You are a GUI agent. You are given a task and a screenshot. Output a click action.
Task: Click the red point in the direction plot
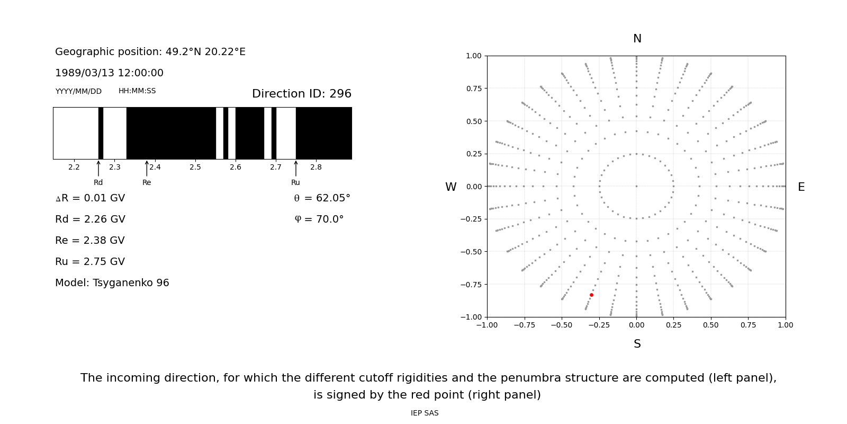point(591,295)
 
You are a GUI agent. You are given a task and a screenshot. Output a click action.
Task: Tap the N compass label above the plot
point(637,39)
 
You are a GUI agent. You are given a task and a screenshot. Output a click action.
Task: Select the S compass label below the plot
point(637,344)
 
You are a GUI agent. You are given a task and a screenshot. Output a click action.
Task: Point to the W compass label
point(450,187)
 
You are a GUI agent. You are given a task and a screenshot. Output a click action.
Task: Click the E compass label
point(801,187)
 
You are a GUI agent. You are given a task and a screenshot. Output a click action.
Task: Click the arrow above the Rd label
point(98,168)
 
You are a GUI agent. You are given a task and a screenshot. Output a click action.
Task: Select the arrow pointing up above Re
point(147,168)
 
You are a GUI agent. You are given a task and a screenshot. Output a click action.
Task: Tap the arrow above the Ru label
point(295,168)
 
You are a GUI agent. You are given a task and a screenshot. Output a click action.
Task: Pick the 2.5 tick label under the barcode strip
point(195,167)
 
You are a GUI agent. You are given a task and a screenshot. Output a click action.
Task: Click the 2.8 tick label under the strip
point(316,167)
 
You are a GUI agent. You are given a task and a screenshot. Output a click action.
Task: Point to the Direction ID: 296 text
point(301,94)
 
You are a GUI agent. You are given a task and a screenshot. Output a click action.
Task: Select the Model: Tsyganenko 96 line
point(112,283)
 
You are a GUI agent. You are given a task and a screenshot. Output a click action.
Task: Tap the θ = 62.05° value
point(322,198)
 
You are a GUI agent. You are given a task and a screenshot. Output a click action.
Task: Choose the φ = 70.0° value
point(319,219)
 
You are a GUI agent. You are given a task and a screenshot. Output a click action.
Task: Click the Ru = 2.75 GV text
point(90,262)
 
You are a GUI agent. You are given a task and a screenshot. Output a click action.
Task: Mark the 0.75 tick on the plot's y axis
point(473,89)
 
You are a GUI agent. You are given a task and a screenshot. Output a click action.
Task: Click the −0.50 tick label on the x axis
point(562,325)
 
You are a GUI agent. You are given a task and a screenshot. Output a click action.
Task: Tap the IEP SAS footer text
point(424,413)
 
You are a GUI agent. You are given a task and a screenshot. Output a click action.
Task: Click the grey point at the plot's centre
point(636,186)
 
